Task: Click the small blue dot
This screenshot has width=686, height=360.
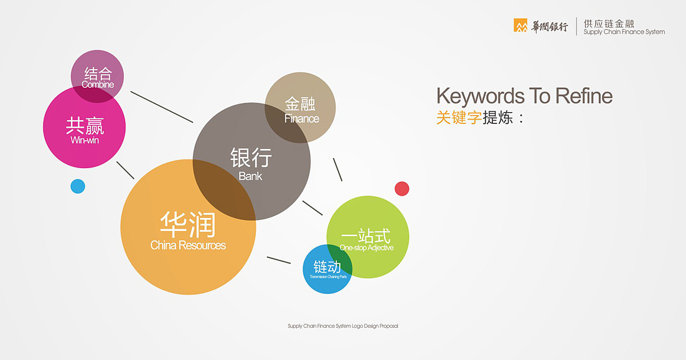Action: click(78, 186)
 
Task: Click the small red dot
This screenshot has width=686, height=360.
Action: click(402, 189)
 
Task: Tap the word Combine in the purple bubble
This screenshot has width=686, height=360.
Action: click(98, 85)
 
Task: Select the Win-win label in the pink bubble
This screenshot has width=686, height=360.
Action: click(85, 141)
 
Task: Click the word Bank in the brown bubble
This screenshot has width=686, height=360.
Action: click(250, 176)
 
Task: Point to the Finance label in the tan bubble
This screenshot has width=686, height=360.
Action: click(301, 119)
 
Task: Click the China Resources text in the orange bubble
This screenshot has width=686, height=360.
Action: click(188, 245)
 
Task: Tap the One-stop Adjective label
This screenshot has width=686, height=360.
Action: click(367, 248)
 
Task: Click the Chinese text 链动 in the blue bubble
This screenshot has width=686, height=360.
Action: click(327, 267)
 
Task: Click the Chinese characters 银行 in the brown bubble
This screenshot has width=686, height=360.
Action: click(251, 158)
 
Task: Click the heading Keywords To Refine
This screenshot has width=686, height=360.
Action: click(524, 96)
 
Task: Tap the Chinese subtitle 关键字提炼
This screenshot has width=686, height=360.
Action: click(481, 118)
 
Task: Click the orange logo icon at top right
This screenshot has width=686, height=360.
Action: click(520, 26)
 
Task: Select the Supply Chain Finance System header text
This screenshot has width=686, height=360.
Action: click(624, 32)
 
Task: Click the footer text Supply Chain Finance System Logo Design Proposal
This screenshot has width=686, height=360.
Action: click(342, 326)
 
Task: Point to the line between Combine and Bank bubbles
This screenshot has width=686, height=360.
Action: click(162, 107)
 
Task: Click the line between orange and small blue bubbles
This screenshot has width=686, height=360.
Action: click(278, 260)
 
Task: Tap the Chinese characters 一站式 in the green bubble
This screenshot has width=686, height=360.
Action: click(366, 236)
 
